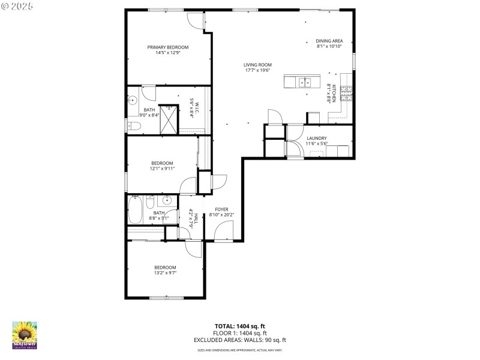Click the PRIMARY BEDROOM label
point(168,47)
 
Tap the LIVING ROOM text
point(257,65)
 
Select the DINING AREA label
point(329,41)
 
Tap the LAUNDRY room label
point(316,138)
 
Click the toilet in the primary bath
point(133,125)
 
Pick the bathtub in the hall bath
point(136,211)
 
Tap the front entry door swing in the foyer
point(224,231)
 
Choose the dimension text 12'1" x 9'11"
point(162,169)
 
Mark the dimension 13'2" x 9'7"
point(165,272)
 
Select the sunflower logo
point(25,334)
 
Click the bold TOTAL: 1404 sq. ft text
point(239,326)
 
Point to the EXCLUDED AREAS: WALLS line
point(239,340)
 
